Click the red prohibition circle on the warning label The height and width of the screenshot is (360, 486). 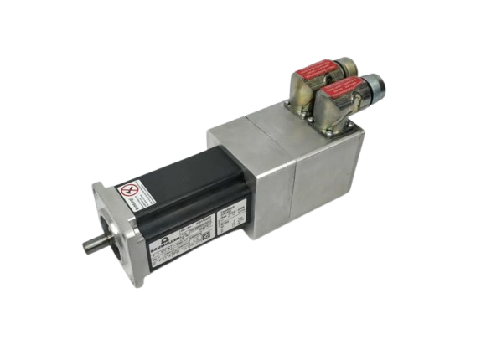point(130,191)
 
